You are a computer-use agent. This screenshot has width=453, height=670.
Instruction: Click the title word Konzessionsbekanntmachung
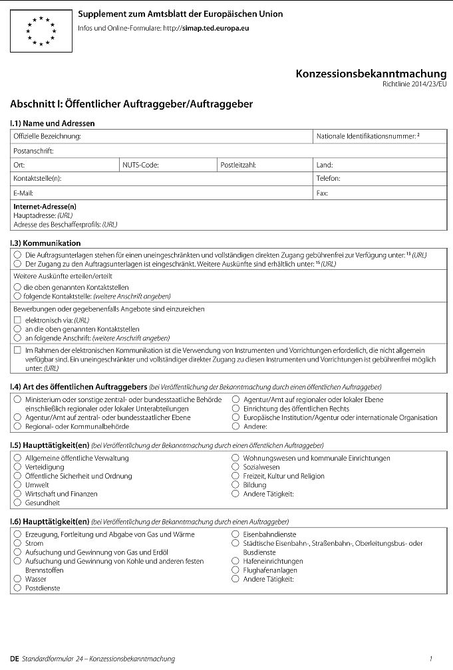[x=371, y=74]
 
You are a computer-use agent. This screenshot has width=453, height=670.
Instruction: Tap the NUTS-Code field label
[x=140, y=165]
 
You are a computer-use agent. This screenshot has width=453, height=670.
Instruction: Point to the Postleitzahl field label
[x=238, y=165]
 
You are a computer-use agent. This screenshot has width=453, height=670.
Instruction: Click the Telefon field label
[x=329, y=179]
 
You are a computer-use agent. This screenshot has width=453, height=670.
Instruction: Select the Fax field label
[x=323, y=193]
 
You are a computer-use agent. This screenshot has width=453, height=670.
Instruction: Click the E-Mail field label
[x=24, y=193]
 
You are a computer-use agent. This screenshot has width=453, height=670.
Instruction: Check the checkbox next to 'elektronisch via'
[x=17, y=320]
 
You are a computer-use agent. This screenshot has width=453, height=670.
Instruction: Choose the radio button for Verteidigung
[x=17, y=467]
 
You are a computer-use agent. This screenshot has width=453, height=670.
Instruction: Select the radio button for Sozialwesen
[x=235, y=467]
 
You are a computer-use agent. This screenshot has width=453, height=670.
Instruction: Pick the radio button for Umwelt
[x=17, y=485]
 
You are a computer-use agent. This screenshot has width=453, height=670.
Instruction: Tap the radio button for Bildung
[x=235, y=485]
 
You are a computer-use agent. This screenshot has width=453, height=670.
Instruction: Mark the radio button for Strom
[x=17, y=543]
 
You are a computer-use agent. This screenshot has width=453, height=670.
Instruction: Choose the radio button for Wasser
[x=17, y=579]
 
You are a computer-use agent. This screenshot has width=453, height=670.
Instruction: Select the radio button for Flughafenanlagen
[x=235, y=570]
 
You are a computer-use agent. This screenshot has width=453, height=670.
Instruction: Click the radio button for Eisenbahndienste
[x=235, y=534]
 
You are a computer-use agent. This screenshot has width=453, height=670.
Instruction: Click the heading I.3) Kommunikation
[x=45, y=243]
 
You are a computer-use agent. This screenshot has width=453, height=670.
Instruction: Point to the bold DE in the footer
[x=15, y=659]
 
